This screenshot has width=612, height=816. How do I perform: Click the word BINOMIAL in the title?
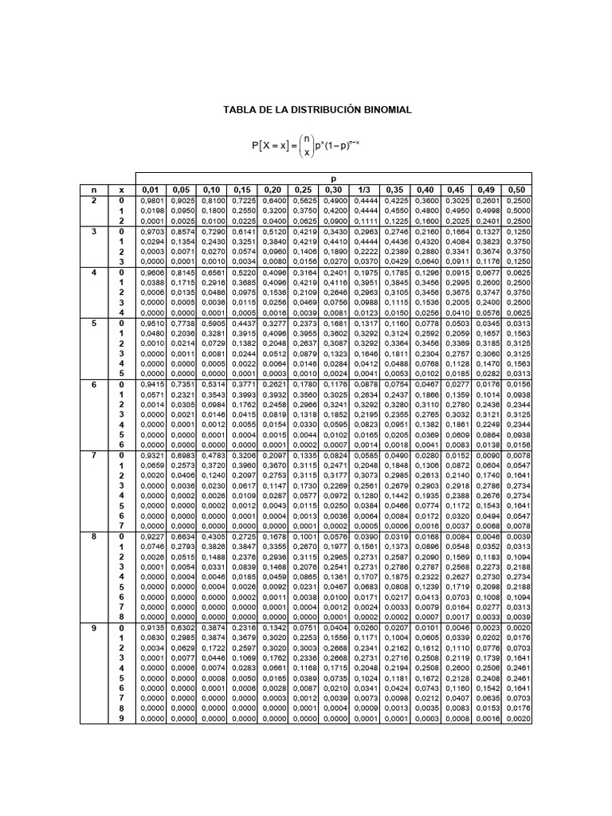click(384, 109)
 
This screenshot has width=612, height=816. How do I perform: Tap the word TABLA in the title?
click(237, 109)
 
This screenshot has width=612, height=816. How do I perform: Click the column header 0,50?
click(517, 189)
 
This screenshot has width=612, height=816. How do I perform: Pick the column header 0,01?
click(151, 189)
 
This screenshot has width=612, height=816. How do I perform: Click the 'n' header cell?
click(93, 189)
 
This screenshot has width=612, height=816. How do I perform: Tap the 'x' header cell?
click(122, 189)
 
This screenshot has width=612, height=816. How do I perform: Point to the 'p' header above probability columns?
click(334, 178)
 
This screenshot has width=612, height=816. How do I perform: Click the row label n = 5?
click(93, 324)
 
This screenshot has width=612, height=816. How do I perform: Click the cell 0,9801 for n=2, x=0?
click(151, 201)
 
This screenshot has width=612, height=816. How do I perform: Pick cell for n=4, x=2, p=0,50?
click(517, 292)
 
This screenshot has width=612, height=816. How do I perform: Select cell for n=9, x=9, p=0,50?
click(517, 718)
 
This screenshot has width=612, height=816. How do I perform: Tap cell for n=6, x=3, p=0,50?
click(517, 414)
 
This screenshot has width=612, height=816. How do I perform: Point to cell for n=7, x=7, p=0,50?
click(517, 525)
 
